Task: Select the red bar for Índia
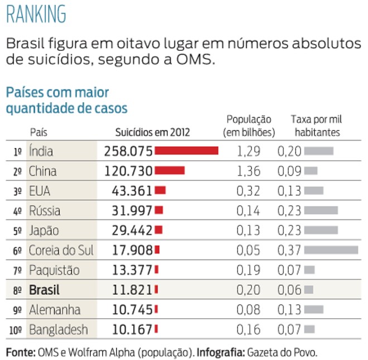point(186,151)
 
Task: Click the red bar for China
point(170,171)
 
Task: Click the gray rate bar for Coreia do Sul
point(331,250)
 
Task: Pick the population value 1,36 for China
point(248,171)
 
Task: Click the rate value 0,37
point(289,250)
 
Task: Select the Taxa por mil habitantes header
point(317,126)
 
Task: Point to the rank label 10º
point(15,330)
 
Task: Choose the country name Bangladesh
point(59,330)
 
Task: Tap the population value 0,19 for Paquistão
point(248,270)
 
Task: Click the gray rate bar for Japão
point(321,231)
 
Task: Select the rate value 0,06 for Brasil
point(289,290)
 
